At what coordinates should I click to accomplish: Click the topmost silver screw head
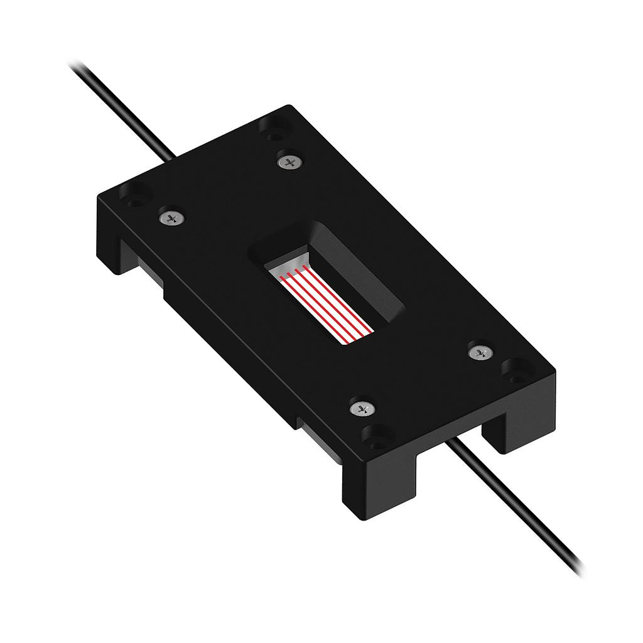(289, 162)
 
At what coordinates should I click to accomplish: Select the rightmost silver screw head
(480, 352)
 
